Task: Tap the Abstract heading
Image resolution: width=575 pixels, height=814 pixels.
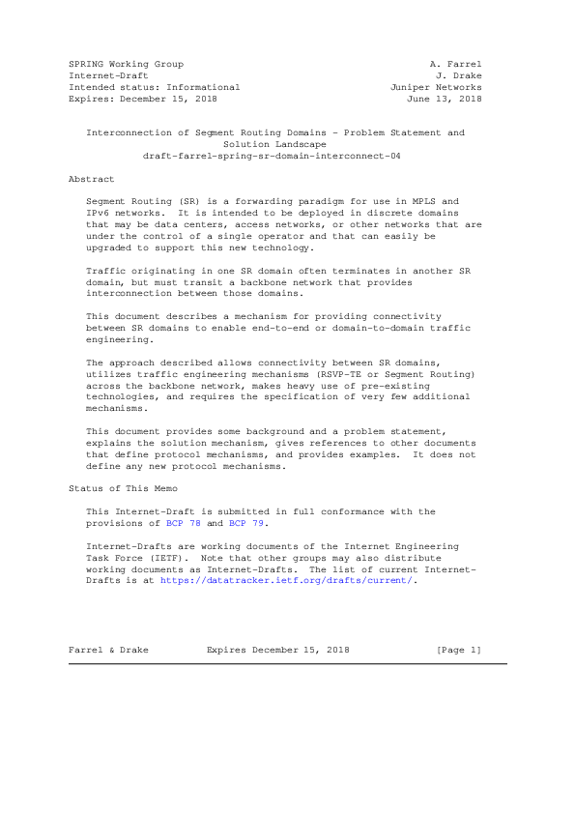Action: point(92,179)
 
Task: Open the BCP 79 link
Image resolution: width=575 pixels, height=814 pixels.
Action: point(245,523)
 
